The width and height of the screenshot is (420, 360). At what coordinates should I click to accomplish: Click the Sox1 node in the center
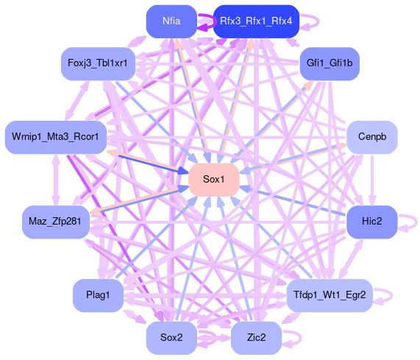click(x=214, y=180)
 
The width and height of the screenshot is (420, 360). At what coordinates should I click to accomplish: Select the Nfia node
click(x=171, y=21)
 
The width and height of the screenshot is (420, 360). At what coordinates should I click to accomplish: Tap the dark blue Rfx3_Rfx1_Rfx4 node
click(x=256, y=21)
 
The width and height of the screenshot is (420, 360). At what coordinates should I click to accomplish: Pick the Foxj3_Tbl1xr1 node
click(x=98, y=63)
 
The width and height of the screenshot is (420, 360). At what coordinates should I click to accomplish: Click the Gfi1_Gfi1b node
click(x=330, y=63)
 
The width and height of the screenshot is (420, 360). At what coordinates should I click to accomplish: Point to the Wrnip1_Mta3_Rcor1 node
click(x=56, y=137)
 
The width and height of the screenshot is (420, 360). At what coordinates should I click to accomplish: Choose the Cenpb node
click(x=372, y=137)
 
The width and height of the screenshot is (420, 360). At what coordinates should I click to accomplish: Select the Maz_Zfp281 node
click(x=56, y=222)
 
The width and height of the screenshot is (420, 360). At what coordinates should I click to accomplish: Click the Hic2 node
click(x=372, y=222)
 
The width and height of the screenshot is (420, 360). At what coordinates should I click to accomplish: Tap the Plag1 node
click(x=98, y=295)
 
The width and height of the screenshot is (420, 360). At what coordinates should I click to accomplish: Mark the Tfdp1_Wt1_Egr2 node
click(x=330, y=295)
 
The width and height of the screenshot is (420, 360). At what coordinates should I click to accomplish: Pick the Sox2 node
click(x=171, y=338)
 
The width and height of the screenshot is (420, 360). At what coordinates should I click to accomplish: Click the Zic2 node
click(x=256, y=338)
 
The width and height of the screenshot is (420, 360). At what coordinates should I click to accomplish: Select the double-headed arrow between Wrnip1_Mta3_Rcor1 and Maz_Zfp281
click(x=56, y=180)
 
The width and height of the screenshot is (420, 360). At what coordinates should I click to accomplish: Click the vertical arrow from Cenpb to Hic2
click(x=372, y=180)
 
